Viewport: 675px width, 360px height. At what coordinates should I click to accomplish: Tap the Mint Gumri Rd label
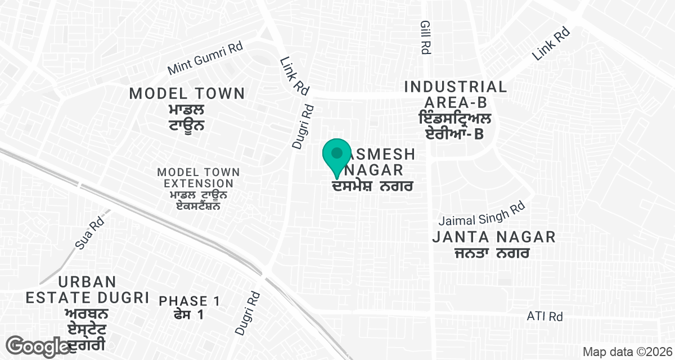[x=205, y=58]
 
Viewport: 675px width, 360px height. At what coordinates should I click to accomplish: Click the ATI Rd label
[x=544, y=317]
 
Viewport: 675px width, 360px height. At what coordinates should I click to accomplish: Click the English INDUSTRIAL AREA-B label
[x=456, y=94]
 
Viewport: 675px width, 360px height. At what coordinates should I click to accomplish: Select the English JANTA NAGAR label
[x=494, y=237]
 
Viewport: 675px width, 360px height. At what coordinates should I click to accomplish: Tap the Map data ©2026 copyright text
[x=627, y=352]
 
